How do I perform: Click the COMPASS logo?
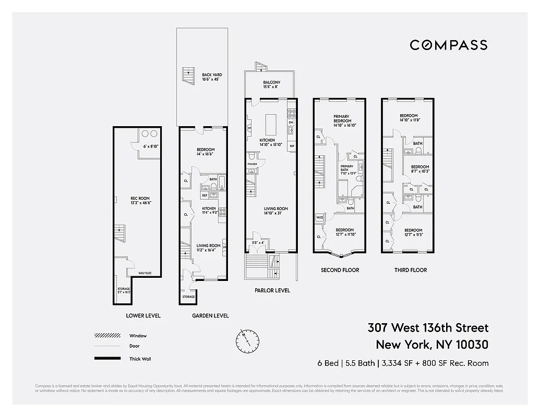[x=448, y=45]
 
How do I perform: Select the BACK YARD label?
[x=212, y=77]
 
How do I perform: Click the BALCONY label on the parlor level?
[x=271, y=84]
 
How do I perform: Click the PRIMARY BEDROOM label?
[x=342, y=120]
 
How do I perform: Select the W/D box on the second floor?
[x=319, y=218]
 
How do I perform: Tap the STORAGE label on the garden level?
[x=188, y=297]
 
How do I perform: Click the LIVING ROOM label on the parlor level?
[x=275, y=211]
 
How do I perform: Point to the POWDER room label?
[x=252, y=164]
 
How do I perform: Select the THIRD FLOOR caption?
[x=410, y=270]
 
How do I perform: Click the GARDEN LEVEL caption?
[x=210, y=315]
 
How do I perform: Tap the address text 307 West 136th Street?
[x=428, y=328]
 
